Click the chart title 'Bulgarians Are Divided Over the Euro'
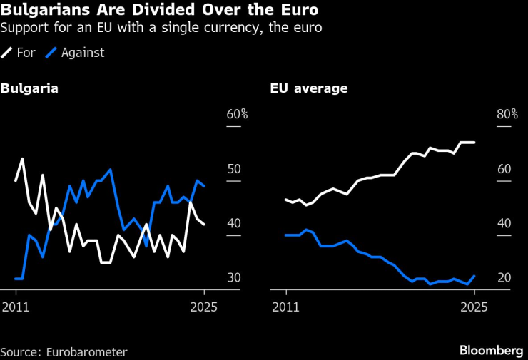tap(159, 11)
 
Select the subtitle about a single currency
tap(161, 29)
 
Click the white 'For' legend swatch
tap(7, 53)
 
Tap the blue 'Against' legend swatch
tap(51, 53)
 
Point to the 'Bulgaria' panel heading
tap(29, 89)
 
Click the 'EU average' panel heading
tap(309, 89)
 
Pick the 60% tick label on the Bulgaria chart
tap(237, 114)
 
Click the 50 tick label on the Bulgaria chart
tap(234, 169)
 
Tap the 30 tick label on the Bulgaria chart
tap(234, 277)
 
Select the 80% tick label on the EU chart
tap(507, 114)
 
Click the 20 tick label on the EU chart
tap(504, 277)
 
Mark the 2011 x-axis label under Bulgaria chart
tap(16, 307)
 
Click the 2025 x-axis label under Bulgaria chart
tap(204, 307)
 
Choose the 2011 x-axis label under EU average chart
tap(285, 307)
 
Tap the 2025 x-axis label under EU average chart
tap(474, 307)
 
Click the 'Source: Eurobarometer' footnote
tap(64, 351)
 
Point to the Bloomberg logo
tap(492, 350)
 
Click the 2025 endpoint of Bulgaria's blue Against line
tap(204, 186)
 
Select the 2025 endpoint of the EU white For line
tap(474, 143)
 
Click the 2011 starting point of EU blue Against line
tap(285, 235)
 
